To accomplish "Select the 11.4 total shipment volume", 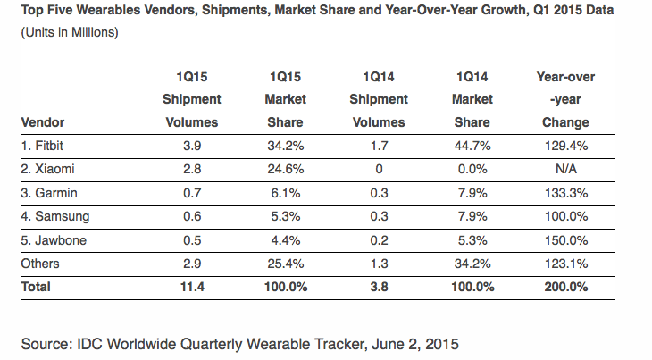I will (192, 287).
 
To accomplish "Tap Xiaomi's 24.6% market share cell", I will (285, 169).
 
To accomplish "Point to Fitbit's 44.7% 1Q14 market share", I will (472, 146).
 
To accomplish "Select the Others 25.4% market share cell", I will (285, 264).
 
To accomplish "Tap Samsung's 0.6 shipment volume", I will (192, 216).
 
